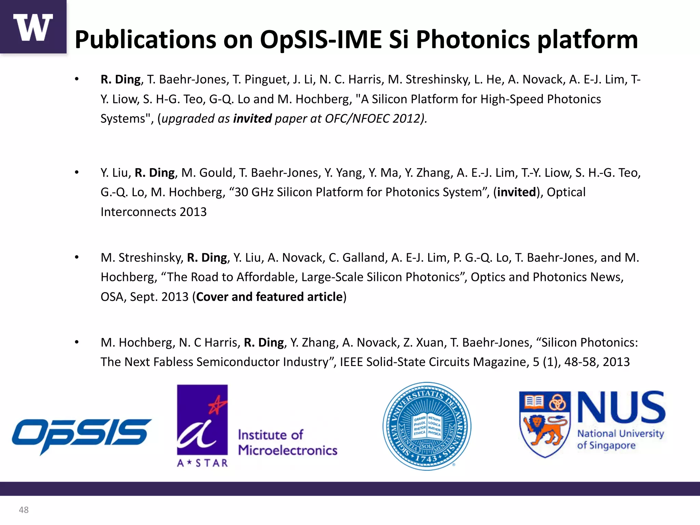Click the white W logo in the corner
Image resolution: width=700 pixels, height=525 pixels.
(33, 27)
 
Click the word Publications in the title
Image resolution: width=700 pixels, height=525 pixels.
(145, 40)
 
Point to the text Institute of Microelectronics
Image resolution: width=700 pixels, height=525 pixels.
(287, 443)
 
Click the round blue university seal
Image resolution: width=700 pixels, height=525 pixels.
(427, 426)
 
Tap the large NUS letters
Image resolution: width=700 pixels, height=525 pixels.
(621, 407)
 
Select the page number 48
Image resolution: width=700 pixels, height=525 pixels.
(24, 510)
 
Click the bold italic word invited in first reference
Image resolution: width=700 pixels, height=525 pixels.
(252, 119)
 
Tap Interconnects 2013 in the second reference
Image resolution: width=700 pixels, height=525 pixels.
(153, 212)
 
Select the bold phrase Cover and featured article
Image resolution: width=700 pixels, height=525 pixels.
(269, 297)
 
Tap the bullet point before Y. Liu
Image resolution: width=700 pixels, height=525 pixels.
(77, 173)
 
